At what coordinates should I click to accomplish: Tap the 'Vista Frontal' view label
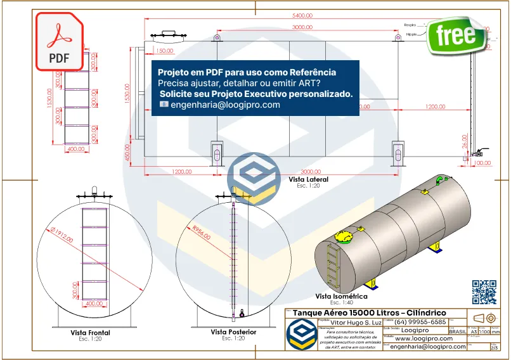point(89,333)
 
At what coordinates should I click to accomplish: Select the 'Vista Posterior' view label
point(233,332)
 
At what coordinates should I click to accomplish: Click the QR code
point(484,292)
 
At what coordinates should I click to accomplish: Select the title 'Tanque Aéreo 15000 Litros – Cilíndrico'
point(370,313)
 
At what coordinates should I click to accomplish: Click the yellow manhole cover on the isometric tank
point(342,237)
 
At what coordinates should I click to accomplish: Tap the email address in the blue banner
point(225,105)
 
